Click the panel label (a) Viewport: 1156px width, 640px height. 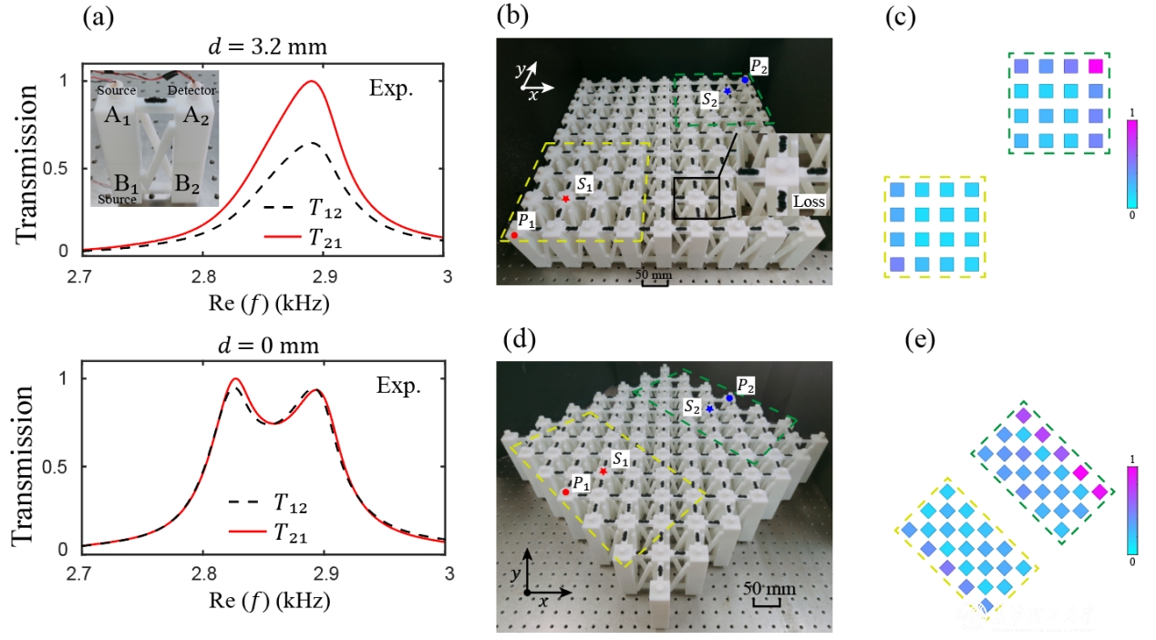pyautogui.click(x=98, y=16)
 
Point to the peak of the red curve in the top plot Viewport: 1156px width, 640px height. pyautogui.click(x=312, y=81)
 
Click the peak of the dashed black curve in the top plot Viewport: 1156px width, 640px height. pyautogui.click(x=312, y=143)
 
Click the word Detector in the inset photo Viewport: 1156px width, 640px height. pyautogui.click(x=191, y=92)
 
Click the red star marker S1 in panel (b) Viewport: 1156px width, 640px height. pyautogui.click(x=566, y=198)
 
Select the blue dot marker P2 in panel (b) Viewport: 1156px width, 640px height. pyautogui.click(x=745, y=79)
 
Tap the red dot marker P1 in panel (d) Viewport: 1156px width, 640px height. pyautogui.click(x=565, y=492)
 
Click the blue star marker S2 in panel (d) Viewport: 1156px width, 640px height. pyautogui.click(x=708, y=410)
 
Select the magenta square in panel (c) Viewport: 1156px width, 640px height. pyautogui.click(x=1095, y=67)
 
